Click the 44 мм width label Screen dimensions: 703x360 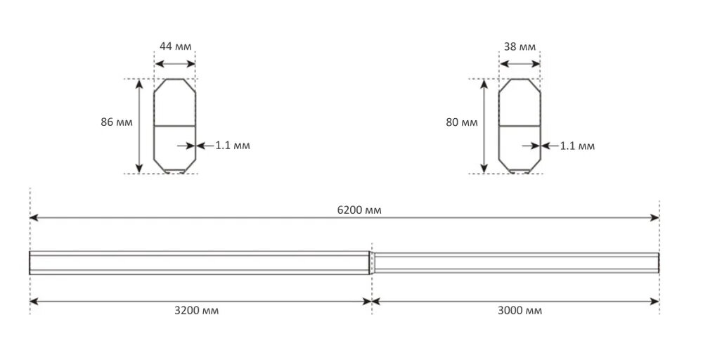pyautogui.click(x=174, y=47)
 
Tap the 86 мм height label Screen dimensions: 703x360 pyautogui.click(x=117, y=122)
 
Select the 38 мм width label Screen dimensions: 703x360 pyautogui.click(x=520, y=47)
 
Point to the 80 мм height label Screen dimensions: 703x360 pyautogui.click(x=461, y=122)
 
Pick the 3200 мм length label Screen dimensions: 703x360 pyautogui.click(x=196, y=310)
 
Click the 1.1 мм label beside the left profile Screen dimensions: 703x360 pyautogui.click(x=233, y=146)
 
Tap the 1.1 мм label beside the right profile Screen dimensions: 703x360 pyautogui.click(x=577, y=146)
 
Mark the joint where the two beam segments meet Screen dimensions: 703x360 pyautogui.click(x=371, y=262)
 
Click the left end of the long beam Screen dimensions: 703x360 pyautogui.click(x=30, y=262)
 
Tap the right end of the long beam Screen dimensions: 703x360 pyautogui.click(x=658, y=262)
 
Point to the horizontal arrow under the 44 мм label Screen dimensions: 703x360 pyautogui.click(x=175, y=64)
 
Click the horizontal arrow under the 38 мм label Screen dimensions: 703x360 pyautogui.click(x=520, y=64)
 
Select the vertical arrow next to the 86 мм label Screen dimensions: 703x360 pyautogui.click(x=138, y=126)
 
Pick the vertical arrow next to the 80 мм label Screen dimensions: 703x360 pyautogui.click(x=484, y=126)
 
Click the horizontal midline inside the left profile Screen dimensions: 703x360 pyautogui.click(x=175, y=126)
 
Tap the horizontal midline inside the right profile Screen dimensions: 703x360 pyautogui.click(x=520, y=126)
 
